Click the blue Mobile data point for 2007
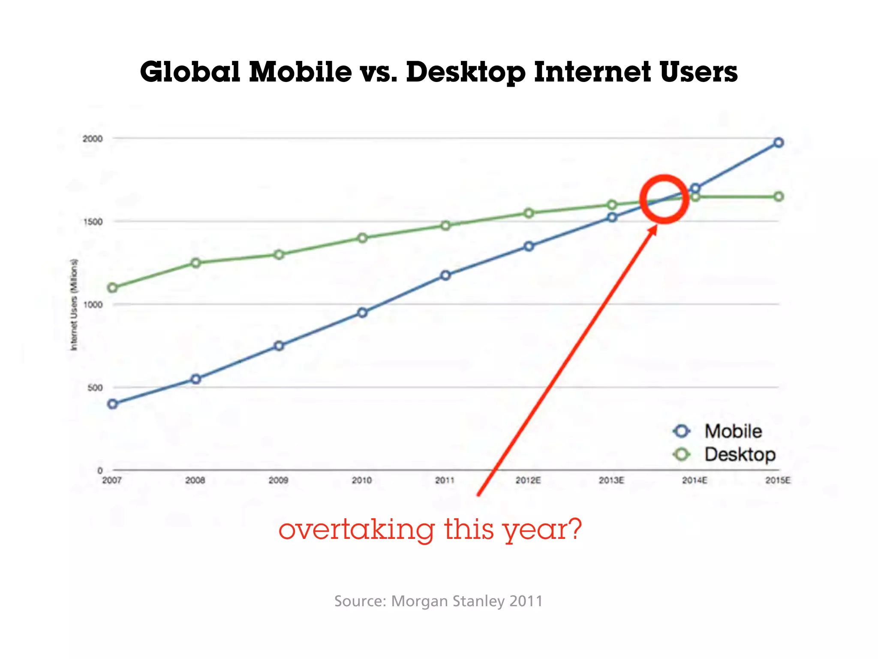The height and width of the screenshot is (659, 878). pyautogui.click(x=113, y=404)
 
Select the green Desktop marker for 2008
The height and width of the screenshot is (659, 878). pyautogui.click(x=196, y=263)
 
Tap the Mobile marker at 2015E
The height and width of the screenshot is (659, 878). pyautogui.click(x=779, y=142)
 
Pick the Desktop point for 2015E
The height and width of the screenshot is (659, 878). pyautogui.click(x=779, y=196)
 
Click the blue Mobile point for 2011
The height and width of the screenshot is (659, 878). pyautogui.click(x=446, y=275)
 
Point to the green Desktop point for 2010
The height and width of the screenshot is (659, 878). pyautogui.click(x=363, y=238)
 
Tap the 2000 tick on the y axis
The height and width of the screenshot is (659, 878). pyautogui.click(x=93, y=139)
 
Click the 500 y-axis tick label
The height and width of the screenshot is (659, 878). pyautogui.click(x=95, y=388)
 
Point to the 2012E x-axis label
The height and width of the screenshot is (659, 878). pyautogui.click(x=528, y=481)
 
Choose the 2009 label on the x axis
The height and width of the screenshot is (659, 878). pyautogui.click(x=279, y=481)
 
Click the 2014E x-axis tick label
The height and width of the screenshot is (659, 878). pyautogui.click(x=695, y=481)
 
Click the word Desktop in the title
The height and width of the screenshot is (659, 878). pyautogui.click(x=466, y=72)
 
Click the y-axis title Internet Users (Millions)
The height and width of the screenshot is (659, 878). pyautogui.click(x=74, y=305)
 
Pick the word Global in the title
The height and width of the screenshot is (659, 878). pyautogui.click(x=190, y=72)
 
